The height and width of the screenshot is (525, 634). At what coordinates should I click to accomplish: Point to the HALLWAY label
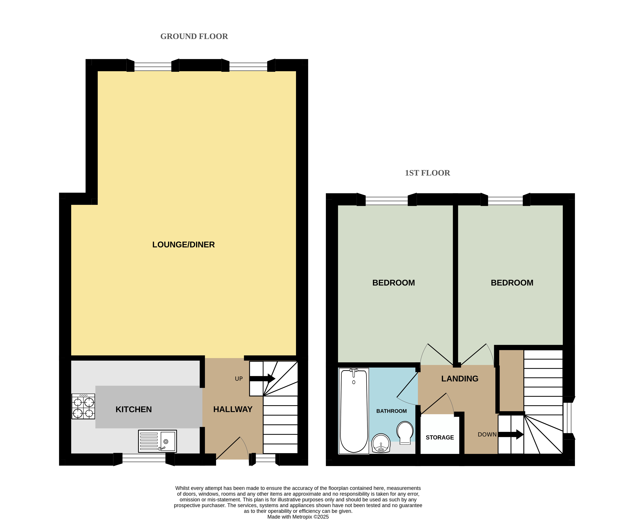point(233,409)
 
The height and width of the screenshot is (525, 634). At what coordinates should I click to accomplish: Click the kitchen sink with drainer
point(157,441)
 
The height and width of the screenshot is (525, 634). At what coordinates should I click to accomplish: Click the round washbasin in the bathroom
point(381,443)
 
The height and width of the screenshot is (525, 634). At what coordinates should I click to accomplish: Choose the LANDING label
point(460,379)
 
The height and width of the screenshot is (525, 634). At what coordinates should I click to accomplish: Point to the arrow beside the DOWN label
point(511,434)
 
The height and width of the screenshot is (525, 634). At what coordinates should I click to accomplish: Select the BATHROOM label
point(392,411)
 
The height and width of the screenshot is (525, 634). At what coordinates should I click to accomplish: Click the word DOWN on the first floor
point(487,434)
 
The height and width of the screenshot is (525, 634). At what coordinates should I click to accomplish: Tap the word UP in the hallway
point(239,379)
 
